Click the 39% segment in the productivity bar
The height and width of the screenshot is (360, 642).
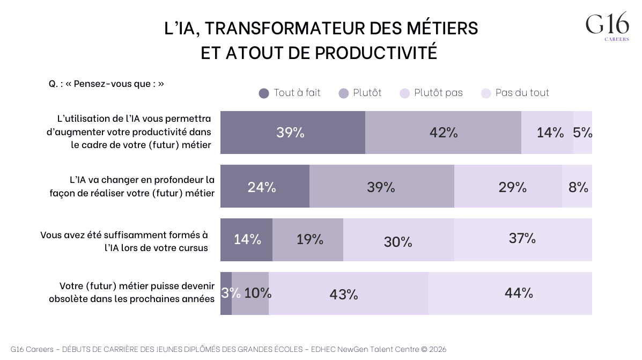coord(292,133)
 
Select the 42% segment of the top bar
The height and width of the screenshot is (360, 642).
coord(443,133)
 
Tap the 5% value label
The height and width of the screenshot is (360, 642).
coord(582,133)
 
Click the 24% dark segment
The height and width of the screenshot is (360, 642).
coord(264,187)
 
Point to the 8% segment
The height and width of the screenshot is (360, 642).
coord(578,187)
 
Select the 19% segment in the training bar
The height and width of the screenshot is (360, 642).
coord(308,239)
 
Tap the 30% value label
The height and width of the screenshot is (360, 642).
coord(398,242)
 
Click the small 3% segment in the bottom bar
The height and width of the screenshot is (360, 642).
coord(226,293)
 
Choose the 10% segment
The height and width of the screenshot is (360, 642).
coord(250,293)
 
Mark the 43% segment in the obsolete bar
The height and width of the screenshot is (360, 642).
coord(348,294)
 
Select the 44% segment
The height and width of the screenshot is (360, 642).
coord(510,293)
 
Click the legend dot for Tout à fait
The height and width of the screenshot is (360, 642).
coord(263,93)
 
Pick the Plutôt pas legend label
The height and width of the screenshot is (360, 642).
coord(438,93)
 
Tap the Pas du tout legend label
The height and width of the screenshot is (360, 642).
coord(522,93)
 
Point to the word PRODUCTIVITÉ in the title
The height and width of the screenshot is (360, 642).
coord(375,53)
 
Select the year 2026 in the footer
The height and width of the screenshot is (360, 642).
coord(438,349)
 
